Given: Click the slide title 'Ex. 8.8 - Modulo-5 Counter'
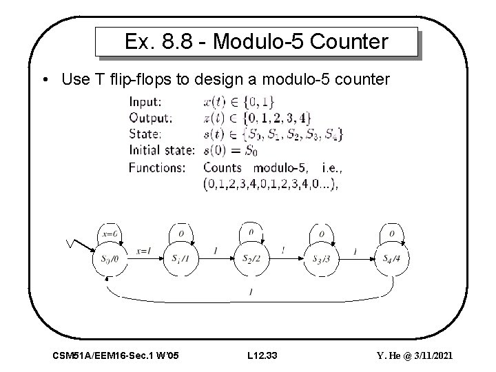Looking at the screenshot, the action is [x=256, y=42].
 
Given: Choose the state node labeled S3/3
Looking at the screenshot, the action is [x=320, y=258].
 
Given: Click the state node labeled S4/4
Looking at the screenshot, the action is [x=391, y=258].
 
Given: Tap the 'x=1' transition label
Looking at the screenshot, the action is [x=144, y=251].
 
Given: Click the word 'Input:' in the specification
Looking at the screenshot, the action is [x=145, y=101].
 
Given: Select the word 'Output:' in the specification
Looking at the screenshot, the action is [x=149, y=118].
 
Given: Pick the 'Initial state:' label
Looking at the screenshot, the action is [x=163, y=150].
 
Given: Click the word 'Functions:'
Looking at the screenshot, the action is [x=156, y=167].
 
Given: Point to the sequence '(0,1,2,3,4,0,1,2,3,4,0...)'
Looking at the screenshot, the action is [x=271, y=183].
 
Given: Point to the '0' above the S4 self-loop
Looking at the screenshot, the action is [x=391, y=233].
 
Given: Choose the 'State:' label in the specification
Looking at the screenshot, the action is [x=144, y=134].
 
